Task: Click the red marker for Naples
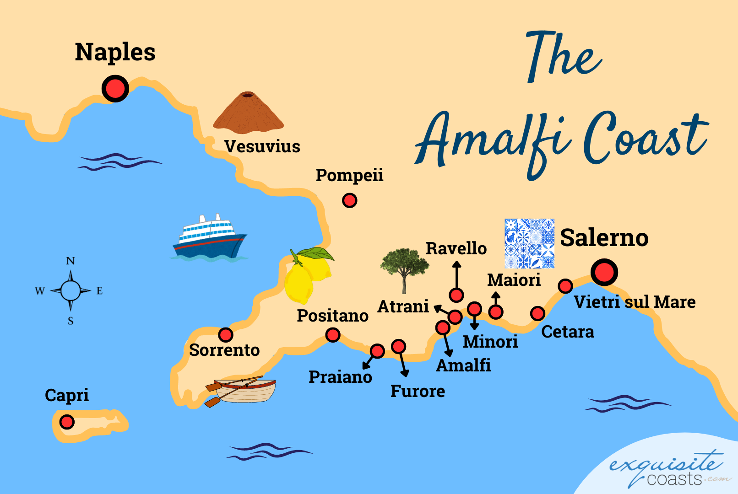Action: [115, 88]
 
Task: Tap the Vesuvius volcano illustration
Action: [248, 113]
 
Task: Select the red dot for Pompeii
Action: [349, 200]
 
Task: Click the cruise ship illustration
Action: [209, 237]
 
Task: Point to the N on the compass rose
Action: [71, 261]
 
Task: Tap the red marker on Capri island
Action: [67, 421]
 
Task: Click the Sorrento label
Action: [224, 350]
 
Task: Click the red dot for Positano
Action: [333, 335]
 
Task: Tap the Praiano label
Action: [340, 377]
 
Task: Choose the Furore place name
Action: [418, 391]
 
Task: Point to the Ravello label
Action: [456, 248]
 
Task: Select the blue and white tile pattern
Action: [529, 243]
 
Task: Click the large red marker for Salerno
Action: [604, 273]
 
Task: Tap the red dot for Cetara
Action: [537, 313]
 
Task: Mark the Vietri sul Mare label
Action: [635, 302]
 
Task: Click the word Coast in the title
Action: [646, 137]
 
